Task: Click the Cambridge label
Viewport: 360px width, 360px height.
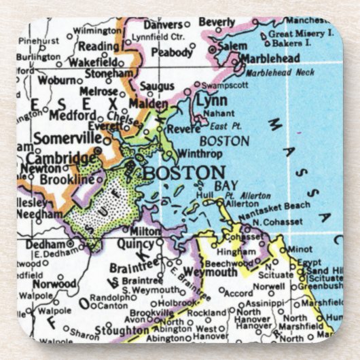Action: pos(60,158)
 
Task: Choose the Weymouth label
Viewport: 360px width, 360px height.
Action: pos(211,272)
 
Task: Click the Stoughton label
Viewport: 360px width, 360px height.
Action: pos(123,330)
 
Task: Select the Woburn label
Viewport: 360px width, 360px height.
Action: pos(56,80)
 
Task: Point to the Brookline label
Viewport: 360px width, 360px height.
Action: pos(67,179)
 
